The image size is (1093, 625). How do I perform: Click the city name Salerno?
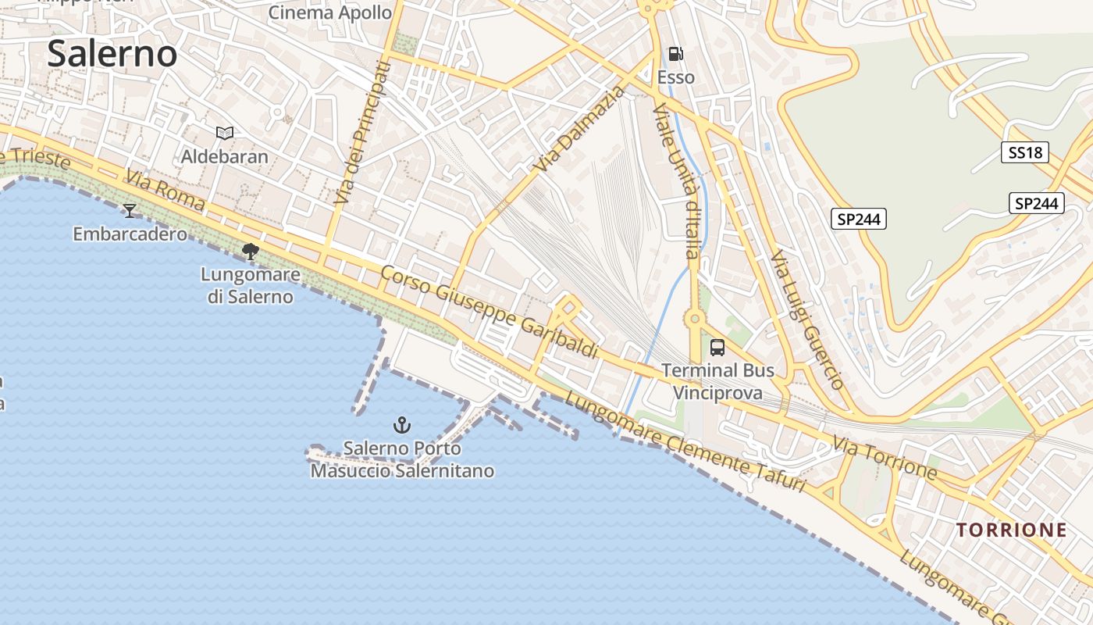[112, 54]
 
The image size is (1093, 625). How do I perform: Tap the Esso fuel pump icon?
[676, 54]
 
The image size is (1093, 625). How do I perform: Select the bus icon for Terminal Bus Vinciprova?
[717, 348]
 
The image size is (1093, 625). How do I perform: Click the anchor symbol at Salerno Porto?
[401, 425]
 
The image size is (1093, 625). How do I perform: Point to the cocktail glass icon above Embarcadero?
[130, 211]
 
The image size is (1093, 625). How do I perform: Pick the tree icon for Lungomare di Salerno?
[251, 252]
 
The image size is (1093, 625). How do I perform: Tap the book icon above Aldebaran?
[225, 134]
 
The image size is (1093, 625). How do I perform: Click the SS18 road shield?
[1025, 152]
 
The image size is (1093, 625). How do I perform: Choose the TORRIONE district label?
[1012, 530]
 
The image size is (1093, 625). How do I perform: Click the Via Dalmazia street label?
[581, 130]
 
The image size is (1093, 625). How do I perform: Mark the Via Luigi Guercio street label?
[807, 320]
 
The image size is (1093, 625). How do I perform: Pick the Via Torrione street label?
[885, 458]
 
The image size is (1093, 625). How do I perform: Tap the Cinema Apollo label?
[330, 12]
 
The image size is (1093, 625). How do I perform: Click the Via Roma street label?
[166, 192]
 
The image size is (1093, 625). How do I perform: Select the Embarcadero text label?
[130, 234]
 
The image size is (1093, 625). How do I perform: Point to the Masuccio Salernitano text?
[402, 471]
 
